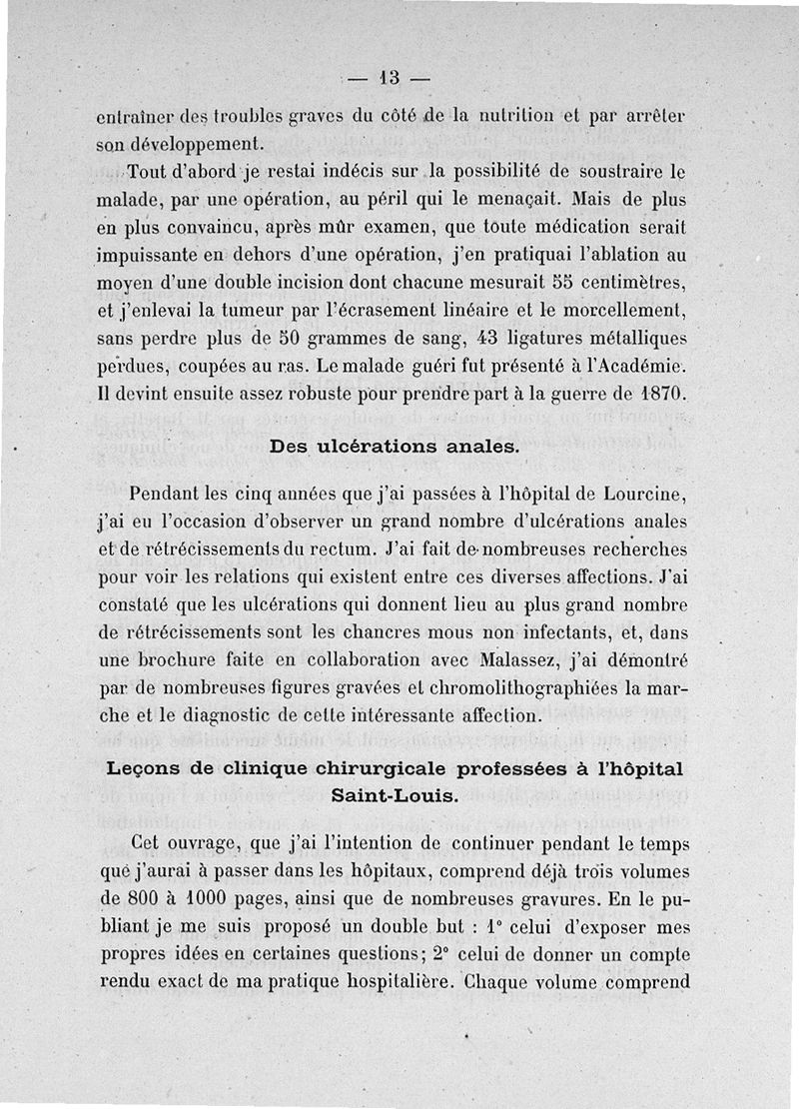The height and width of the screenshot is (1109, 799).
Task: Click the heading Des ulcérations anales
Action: pyautogui.click(x=395, y=447)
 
